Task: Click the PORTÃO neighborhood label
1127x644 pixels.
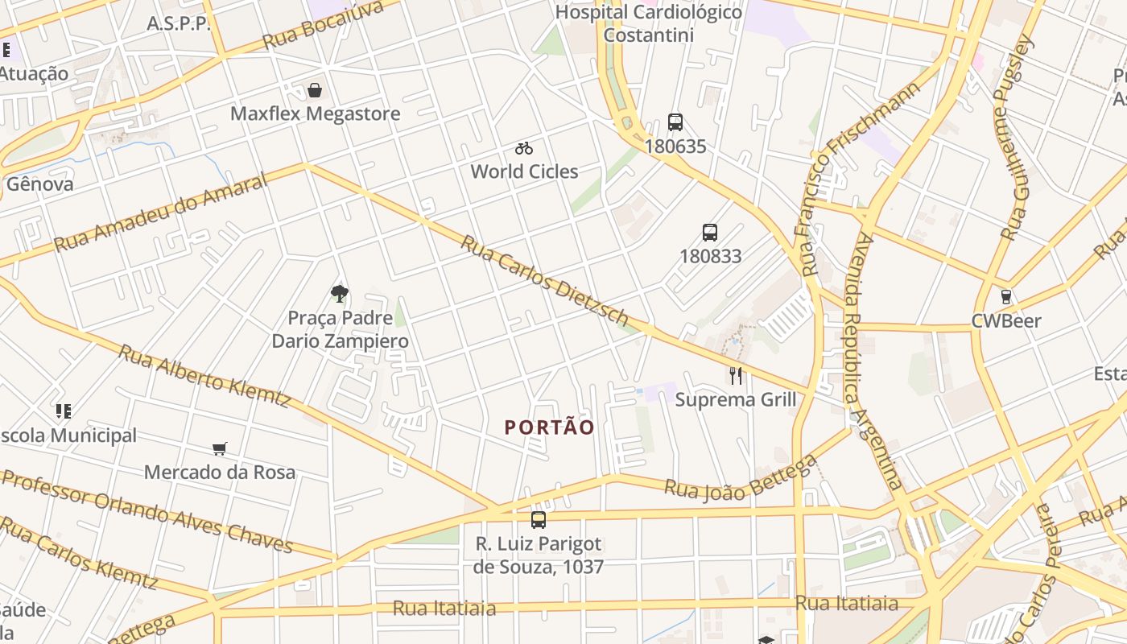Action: click(550, 427)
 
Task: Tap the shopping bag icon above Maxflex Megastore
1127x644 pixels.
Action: click(315, 90)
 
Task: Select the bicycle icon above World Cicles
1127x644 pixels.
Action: click(524, 148)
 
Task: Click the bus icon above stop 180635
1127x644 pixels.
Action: click(675, 122)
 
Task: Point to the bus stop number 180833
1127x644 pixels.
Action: click(710, 256)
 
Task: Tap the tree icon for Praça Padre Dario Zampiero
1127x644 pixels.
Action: click(340, 293)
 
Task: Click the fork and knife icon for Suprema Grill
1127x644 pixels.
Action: click(735, 375)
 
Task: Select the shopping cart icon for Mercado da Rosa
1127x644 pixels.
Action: click(220, 448)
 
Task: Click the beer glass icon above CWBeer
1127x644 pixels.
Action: click(1005, 296)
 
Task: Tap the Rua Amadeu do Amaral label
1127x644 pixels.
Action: click(160, 212)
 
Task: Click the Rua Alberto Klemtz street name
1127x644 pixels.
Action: click(204, 375)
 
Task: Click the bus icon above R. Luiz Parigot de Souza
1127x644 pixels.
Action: click(539, 520)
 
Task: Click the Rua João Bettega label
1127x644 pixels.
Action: click(741, 478)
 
